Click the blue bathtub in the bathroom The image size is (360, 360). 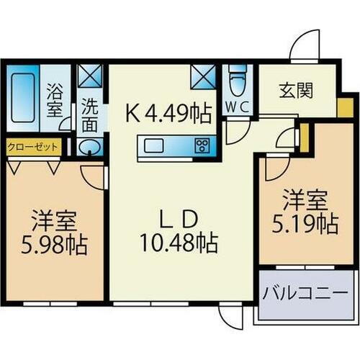[26, 97]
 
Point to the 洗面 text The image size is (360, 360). [89, 114]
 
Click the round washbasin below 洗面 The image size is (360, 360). [90, 148]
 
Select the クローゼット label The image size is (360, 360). [32, 145]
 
